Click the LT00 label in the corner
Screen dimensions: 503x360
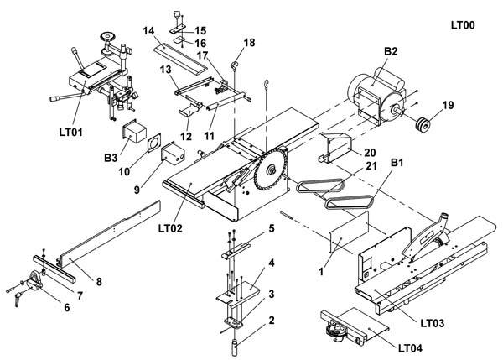463,25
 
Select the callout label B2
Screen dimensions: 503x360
391,51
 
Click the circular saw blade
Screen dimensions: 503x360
269,170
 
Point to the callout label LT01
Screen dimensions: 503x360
71,132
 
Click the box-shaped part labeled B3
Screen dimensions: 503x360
134,131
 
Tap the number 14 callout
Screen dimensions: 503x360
148,31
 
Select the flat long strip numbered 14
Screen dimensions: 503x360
180,59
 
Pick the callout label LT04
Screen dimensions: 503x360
410,348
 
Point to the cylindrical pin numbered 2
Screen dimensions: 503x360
235,347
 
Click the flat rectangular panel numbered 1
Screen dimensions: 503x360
350,232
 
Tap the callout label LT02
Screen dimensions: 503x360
170,228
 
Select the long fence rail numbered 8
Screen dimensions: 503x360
109,234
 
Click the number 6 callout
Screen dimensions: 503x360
67,307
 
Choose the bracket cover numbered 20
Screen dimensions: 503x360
334,148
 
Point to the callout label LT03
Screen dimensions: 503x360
433,323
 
